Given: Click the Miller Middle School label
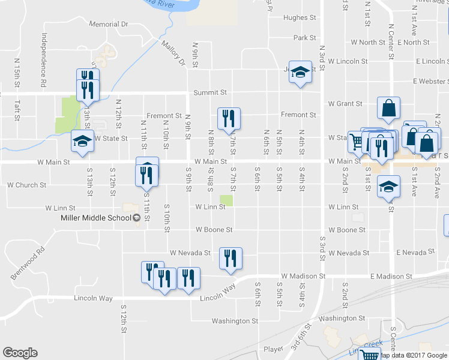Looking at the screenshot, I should (96, 217).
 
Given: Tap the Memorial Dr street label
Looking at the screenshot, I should (109, 25).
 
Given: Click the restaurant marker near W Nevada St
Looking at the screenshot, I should (231, 259).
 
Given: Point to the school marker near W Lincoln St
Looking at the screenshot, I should (300, 72).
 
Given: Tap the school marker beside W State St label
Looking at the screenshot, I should (82, 140).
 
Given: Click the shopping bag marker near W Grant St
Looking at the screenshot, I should (388, 108).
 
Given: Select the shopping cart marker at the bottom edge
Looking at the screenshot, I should (369, 355).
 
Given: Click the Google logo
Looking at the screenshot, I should (20, 353).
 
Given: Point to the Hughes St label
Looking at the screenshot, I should (300, 18).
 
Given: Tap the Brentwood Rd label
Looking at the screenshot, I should (28, 265).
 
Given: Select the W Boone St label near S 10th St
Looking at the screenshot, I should (214, 230).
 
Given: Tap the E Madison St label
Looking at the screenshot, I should (391, 276).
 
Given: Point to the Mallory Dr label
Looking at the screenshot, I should (174, 53).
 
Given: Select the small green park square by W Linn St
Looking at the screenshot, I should (226, 200).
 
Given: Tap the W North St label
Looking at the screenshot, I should (368, 43).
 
